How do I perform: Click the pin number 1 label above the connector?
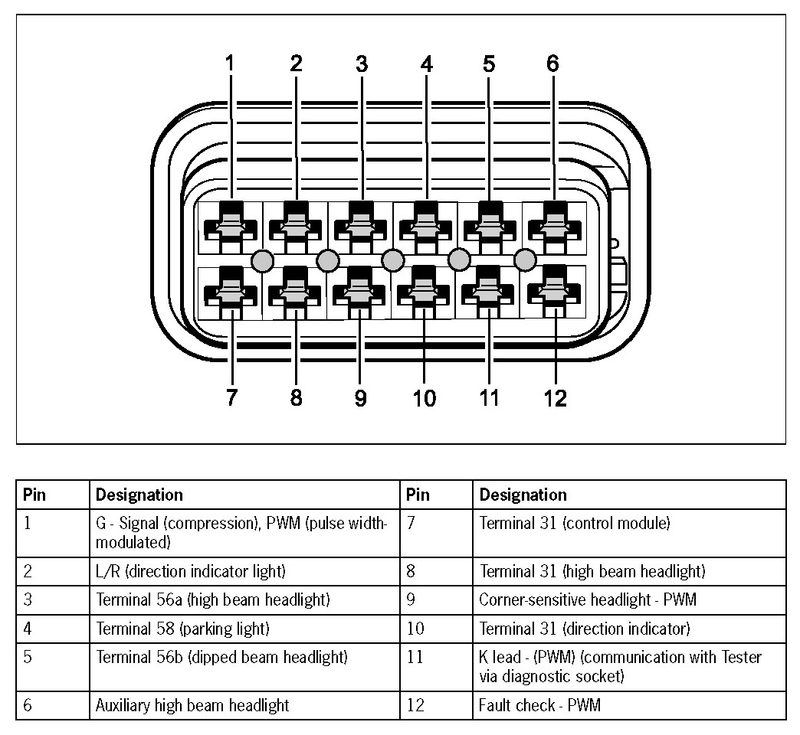point(228,64)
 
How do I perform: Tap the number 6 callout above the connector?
point(553,64)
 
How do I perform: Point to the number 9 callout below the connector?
point(361,398)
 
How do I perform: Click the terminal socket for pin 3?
point(359,225)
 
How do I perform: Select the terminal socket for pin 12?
point(553,291)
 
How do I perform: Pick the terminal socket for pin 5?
point(488,225)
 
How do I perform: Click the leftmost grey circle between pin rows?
point(262,261)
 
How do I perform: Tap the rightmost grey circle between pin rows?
point(525,261)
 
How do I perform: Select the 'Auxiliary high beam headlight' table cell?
point(192,705)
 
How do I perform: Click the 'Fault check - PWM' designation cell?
point(539,705)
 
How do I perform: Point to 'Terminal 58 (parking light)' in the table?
point(182,629)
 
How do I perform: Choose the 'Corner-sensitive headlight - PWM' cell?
point(588,599)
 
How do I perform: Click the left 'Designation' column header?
point(139,495)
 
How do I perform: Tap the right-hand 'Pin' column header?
point(418,495)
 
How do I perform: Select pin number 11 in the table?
point(415,658)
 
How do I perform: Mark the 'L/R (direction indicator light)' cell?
point(190,571)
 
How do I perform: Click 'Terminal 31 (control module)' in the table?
point(575,524)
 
